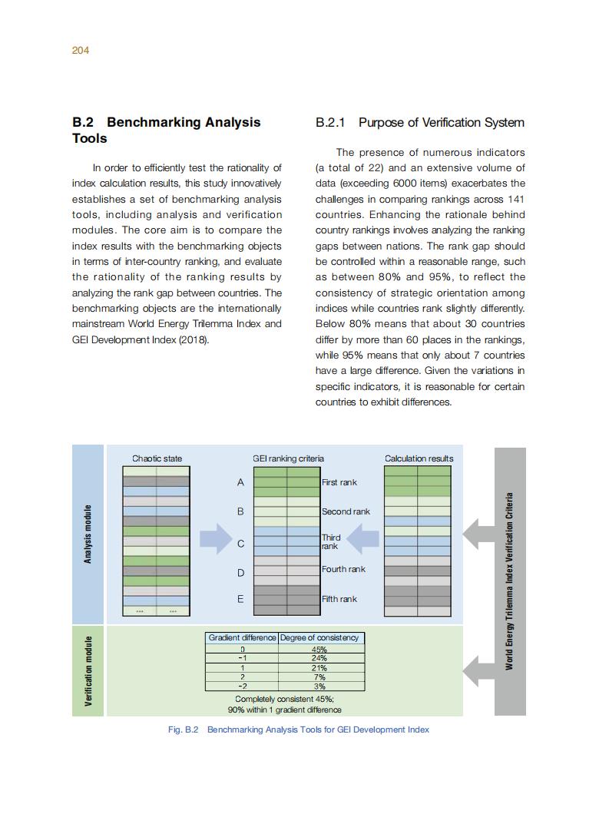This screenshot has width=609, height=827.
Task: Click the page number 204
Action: coord(81,51)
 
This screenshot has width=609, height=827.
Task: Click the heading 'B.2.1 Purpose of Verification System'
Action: coord(419,123)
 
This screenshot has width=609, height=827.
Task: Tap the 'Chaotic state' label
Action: coord(157,458)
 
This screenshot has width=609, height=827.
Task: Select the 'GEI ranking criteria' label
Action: coord(288,458)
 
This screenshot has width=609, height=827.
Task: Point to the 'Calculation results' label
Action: coord(419,458)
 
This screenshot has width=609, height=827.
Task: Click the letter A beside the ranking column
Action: coord(240,482)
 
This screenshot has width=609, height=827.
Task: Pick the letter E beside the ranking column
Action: coord(240,599)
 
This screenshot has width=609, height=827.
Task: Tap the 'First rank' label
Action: coord(339,482)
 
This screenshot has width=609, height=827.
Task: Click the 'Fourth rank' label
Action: coord(343,569)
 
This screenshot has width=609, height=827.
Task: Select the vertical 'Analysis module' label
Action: coord(88,534)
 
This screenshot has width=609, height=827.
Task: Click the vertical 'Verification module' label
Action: coord(88,670)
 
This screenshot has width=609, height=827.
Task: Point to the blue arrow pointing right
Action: coord(215,539)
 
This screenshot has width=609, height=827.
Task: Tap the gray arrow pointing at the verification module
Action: coord(478,670)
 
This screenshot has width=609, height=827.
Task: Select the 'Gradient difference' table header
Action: coord(242,637)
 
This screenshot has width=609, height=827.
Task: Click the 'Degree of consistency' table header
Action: coord(319,637)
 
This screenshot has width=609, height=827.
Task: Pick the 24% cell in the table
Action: coord(319,658)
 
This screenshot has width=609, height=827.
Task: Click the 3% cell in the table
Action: coord(319,686)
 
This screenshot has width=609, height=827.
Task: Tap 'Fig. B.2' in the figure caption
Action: coord(183,729)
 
